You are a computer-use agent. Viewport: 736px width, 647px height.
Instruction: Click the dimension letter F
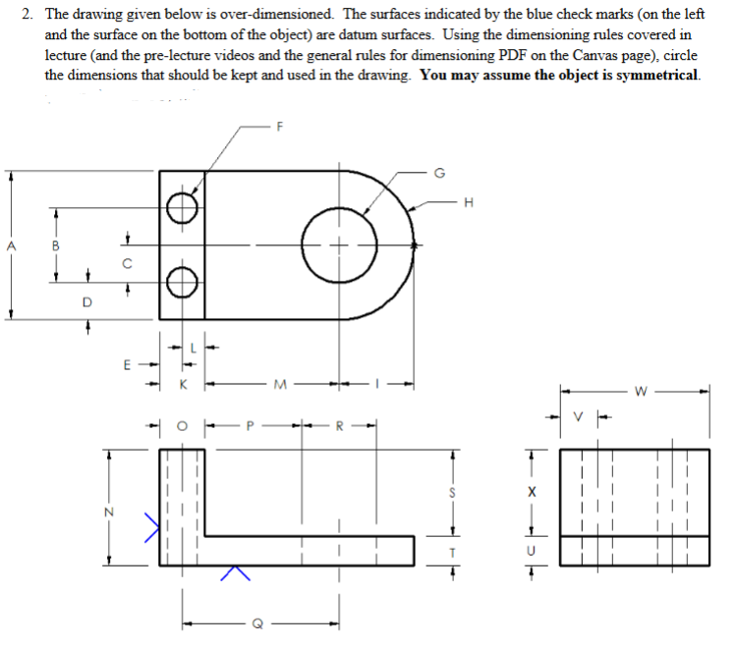[280, 126]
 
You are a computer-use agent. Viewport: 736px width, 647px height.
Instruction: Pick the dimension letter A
[11, 245]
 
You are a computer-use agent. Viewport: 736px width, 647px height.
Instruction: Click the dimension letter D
[86, 302]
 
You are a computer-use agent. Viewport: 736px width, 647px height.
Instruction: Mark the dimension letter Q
[257, 622]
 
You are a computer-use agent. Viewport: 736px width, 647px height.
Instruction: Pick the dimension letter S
[452, 493]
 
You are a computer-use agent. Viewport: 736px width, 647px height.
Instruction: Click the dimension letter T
[452, 551]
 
